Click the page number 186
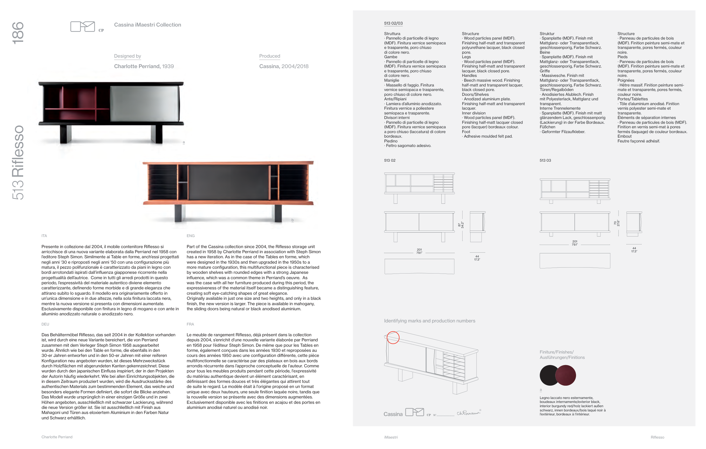[x=18, y=33]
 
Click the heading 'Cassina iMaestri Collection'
[x=147, y=25]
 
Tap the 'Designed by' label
[x=128, y=56]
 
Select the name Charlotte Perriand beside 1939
[x=137, y=66]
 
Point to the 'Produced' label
[x=269, y=56]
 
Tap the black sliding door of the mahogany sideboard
[x=229, y=182]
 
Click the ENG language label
[x=191, y=236]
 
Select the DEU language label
[x=45, y=324]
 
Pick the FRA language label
[x=190, y=324]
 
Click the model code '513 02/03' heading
[x=393, y=23]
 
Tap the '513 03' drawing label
[x=545, y=160]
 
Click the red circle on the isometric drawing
[x=393, y=337]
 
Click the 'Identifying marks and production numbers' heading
[x=430, y=321]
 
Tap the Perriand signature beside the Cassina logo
[x=469, y=413]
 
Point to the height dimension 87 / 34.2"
[x=461, y=225]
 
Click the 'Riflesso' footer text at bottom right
[x=657, y=437]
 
